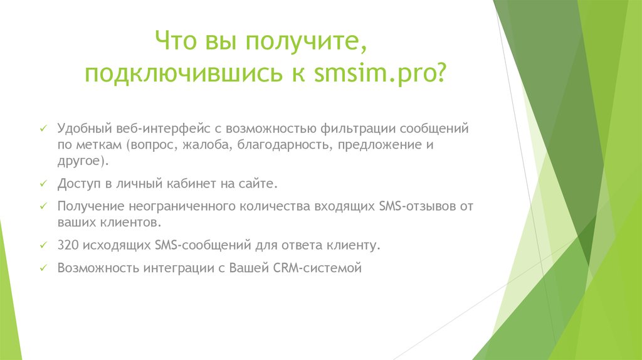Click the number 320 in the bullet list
coord(66,245)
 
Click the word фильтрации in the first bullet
coord(354,129)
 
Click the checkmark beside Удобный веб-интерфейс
coord(43,129)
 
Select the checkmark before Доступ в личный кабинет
coord(43,184)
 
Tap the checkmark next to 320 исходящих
coord(43,245)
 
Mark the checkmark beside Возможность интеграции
coord(43,268)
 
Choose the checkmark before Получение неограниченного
coord(43,206)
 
